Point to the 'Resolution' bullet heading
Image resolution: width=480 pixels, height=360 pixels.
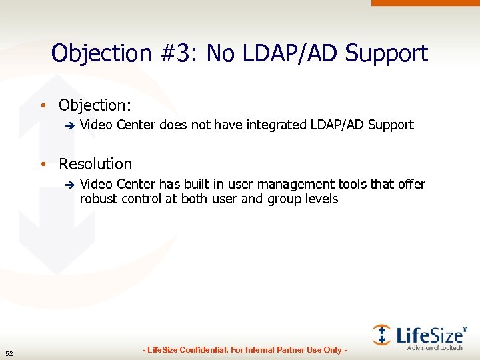[95, 164]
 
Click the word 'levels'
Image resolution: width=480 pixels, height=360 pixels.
[322, 199]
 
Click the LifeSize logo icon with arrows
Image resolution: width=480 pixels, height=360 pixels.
[382, 335]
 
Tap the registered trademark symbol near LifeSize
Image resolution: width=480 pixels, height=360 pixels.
[465, 329]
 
